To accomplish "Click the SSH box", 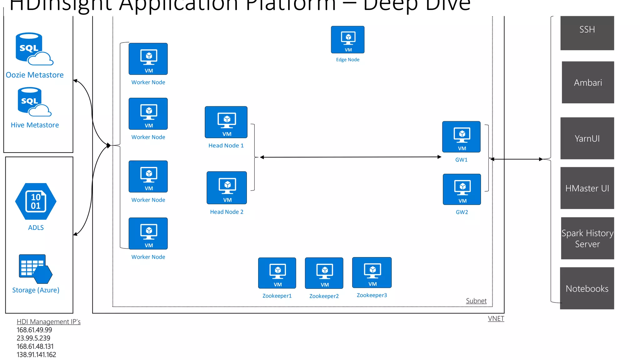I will click(587, 33).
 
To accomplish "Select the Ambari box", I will click(587, 82).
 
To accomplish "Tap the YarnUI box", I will click(587, 138).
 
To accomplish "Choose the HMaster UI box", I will click(587, 188).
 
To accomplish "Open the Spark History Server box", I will click(587, 238).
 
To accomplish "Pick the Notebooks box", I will click(587, 288).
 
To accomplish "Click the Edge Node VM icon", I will click(347, 39).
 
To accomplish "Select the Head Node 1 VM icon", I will click(226, 122).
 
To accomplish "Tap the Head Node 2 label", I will click(227, 212).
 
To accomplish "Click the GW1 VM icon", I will click(461, 137).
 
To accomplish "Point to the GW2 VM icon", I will click(462, 189).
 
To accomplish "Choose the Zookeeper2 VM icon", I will click(324, 273).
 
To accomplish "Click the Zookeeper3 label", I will click(372, 295).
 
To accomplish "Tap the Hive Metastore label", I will click(35, 125).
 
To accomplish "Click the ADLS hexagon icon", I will click(36, 202).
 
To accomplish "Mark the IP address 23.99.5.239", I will click(33, 338).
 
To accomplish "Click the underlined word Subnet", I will click(476, 301).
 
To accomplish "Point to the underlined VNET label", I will click(496, 318).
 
